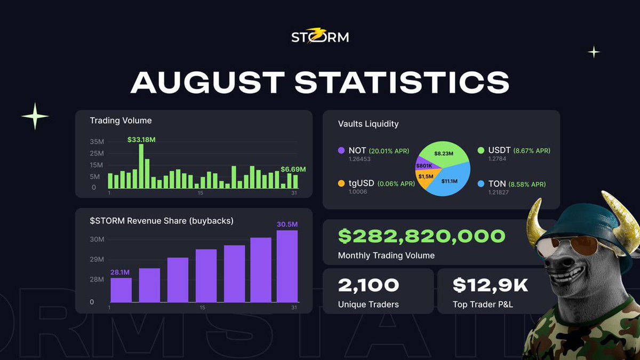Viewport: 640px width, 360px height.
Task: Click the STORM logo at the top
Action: click(x=320, y=37)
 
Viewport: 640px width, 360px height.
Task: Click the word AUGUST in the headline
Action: click(x=207, y=82)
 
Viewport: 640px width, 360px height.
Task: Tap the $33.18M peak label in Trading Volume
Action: click(x=141, y=140)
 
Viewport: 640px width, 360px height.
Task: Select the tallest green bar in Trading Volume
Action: click(x=141, y=166)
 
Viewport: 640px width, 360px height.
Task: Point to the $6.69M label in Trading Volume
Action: click(x=293, y=169)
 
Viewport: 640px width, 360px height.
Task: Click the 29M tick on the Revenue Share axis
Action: click(x=97, y=260)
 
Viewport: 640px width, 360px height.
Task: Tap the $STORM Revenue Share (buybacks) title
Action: click(x=162, y=221)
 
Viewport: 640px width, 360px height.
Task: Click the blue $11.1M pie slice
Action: click(x=451, y=181)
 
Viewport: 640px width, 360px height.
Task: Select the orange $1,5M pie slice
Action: click(x=425, y=178)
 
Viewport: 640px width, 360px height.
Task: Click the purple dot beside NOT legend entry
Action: click(x=341, y=151)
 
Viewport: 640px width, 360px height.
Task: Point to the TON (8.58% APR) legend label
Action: click(x=517, y=184)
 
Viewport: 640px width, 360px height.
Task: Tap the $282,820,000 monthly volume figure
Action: click(x=421, y=236)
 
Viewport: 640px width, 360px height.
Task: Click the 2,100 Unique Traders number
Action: click(x=368, y=285)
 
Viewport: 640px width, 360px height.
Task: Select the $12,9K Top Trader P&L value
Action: click(x=490, y=285)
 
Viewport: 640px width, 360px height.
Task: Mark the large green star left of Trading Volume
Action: click(x=35, y=116)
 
